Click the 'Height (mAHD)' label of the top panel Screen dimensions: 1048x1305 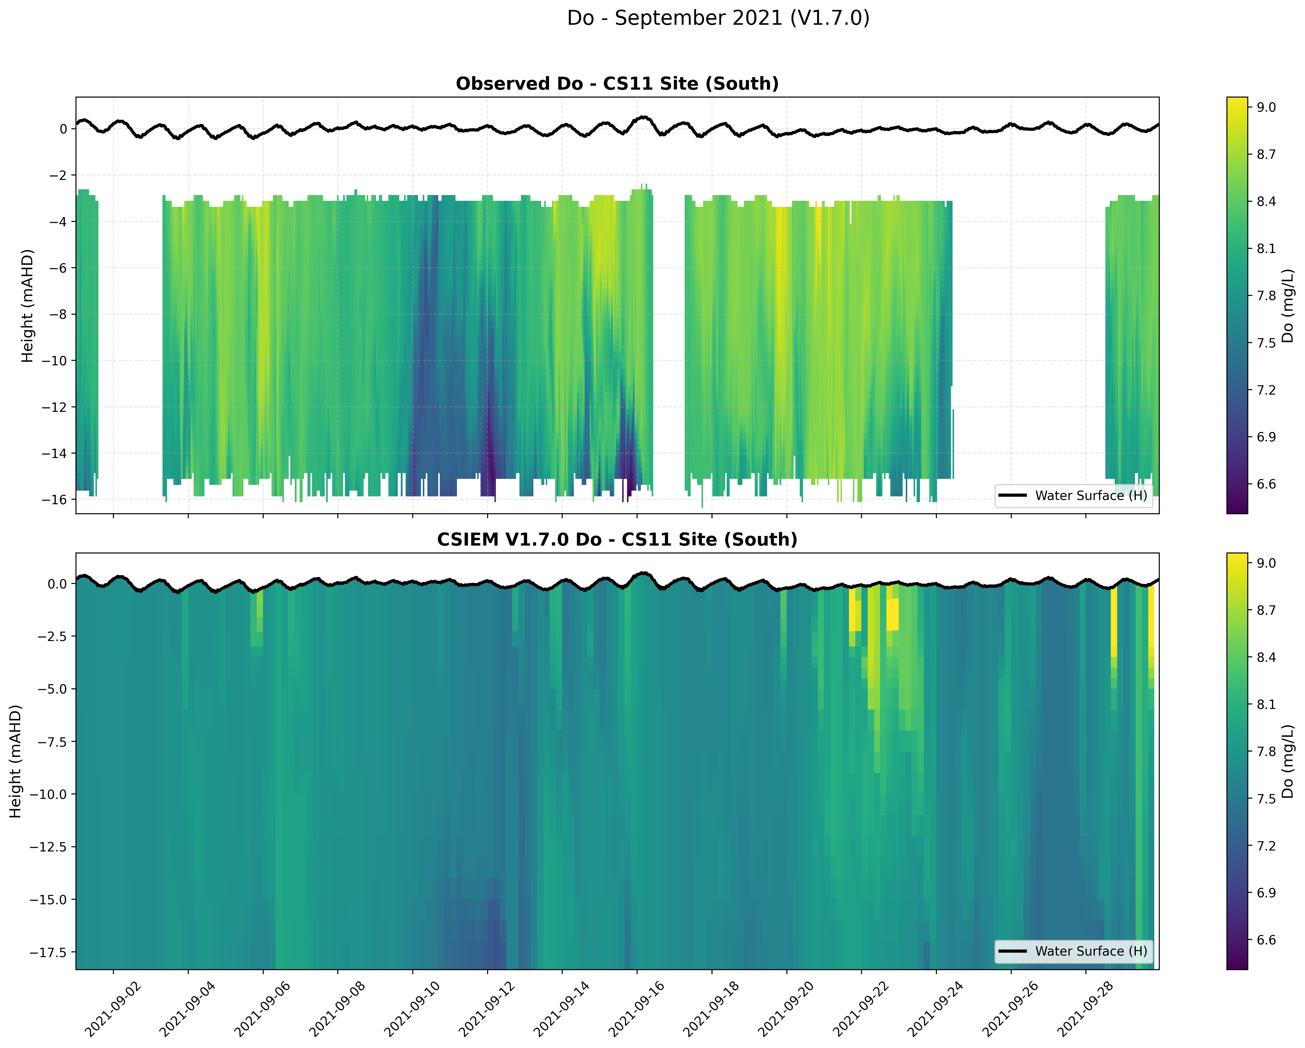pyautogui.click(x=27, y=306)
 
